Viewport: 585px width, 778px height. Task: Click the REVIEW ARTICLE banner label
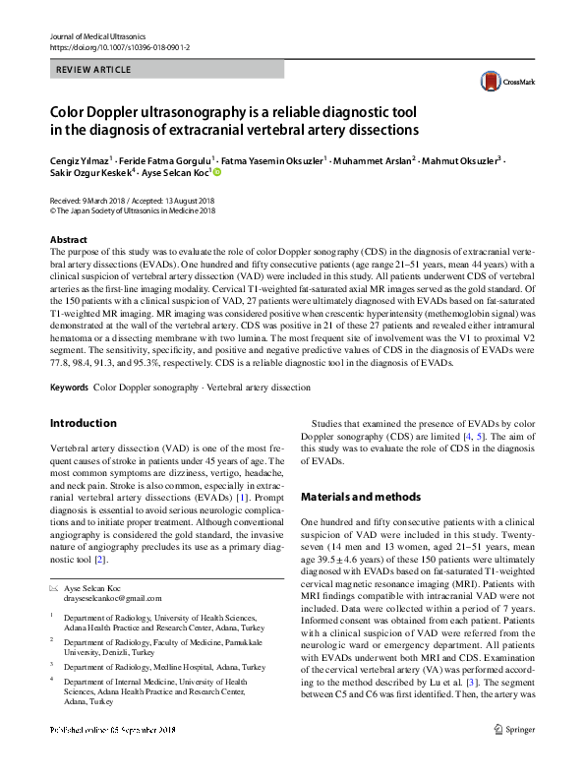click(x=94, y=71)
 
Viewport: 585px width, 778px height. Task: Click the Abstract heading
click(x=69, y=240)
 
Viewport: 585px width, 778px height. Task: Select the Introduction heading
click(x=83, y=423)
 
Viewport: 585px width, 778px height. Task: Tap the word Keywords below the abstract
click(x=69, y=388)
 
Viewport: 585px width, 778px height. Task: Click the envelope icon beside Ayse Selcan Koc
click(x=54, y=587)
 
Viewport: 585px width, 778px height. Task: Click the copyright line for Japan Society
click(x=133, y=209)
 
